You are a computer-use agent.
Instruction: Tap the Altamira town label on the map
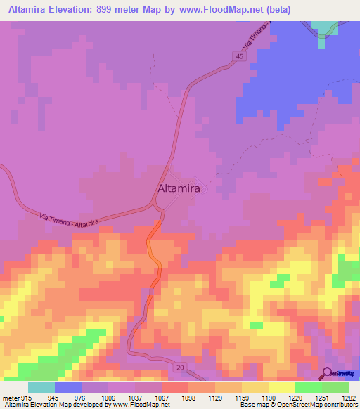(179, 189)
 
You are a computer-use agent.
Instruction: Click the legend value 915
(26, 398)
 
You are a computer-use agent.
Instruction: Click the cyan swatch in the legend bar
(41, 387)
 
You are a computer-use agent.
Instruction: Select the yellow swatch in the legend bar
(281, 387)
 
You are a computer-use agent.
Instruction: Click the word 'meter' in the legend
(11, 398)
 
